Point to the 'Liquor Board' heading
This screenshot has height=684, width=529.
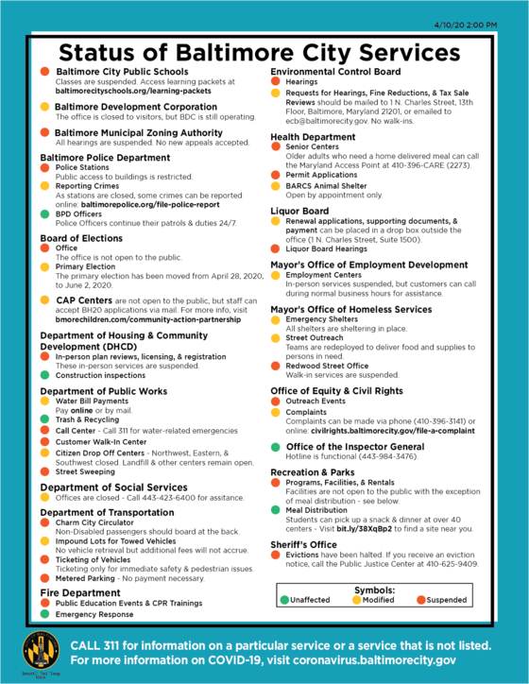[x=299, y=211]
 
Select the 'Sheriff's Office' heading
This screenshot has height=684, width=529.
[x=304, y=544]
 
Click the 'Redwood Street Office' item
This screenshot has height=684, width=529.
[x=332, y=364]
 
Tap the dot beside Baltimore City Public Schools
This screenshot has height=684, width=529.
[x=45, y=72]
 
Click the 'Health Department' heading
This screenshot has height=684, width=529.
[x=314, y=137]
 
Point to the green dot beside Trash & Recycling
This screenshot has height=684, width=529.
[x=45, y=419]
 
